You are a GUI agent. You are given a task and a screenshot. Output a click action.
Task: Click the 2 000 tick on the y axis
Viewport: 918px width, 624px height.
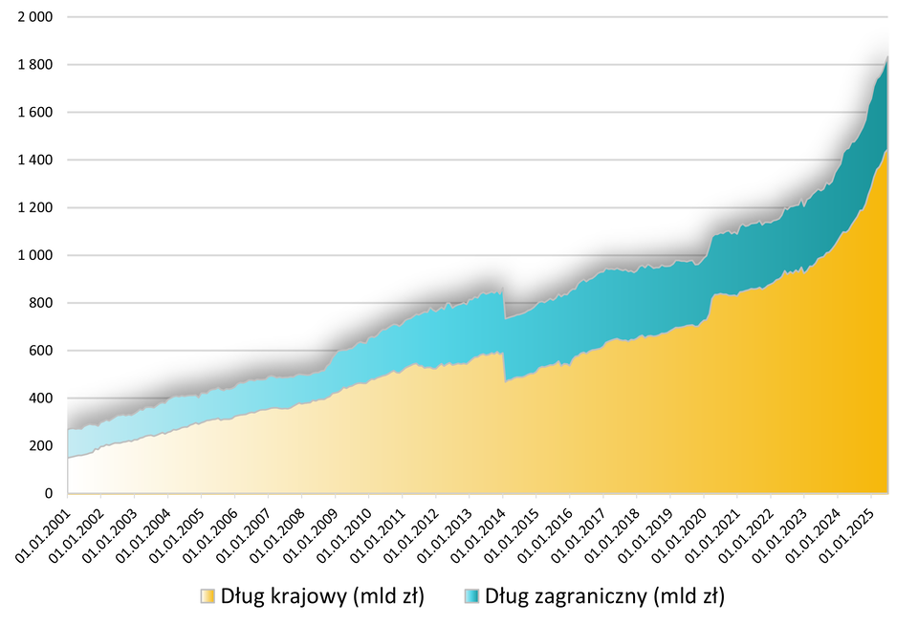[34, 17]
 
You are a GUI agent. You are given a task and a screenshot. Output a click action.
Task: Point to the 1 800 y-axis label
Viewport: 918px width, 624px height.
[34, 65]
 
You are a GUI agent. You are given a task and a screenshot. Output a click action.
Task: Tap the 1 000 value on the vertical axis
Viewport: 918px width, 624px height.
[34, 255]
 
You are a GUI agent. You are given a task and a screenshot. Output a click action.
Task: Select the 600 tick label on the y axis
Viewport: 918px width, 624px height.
[41, 351]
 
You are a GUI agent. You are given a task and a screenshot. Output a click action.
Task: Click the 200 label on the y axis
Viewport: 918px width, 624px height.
[41, 446]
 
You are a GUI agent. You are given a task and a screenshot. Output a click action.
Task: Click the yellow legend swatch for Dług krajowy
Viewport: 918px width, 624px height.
[208, 597]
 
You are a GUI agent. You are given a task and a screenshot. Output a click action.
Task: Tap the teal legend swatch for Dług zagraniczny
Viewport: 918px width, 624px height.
[470, 597]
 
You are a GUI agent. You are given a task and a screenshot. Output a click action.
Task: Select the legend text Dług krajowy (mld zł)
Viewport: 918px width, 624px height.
[322, 597]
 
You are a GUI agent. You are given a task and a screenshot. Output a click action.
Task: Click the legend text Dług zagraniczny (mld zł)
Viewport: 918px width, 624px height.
[604, 597]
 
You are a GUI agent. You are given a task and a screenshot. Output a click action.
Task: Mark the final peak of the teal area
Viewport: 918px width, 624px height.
[888, 57]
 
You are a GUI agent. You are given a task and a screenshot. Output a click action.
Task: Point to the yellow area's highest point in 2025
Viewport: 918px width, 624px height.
[887, 149]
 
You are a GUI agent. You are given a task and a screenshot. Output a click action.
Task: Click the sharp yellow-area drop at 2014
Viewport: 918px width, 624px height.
[505, 380]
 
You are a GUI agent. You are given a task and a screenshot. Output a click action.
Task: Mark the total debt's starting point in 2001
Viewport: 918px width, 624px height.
[69, 429]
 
